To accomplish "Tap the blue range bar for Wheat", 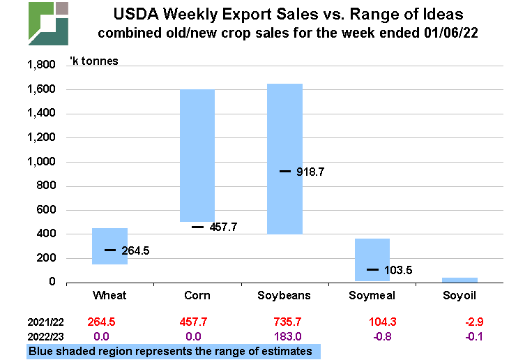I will click(110, 246).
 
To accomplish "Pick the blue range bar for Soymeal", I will click(372, 251).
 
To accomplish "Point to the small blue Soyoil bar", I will click(460, 279).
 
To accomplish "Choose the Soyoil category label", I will click(460, 296).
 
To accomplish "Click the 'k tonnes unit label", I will click(95, 61).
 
